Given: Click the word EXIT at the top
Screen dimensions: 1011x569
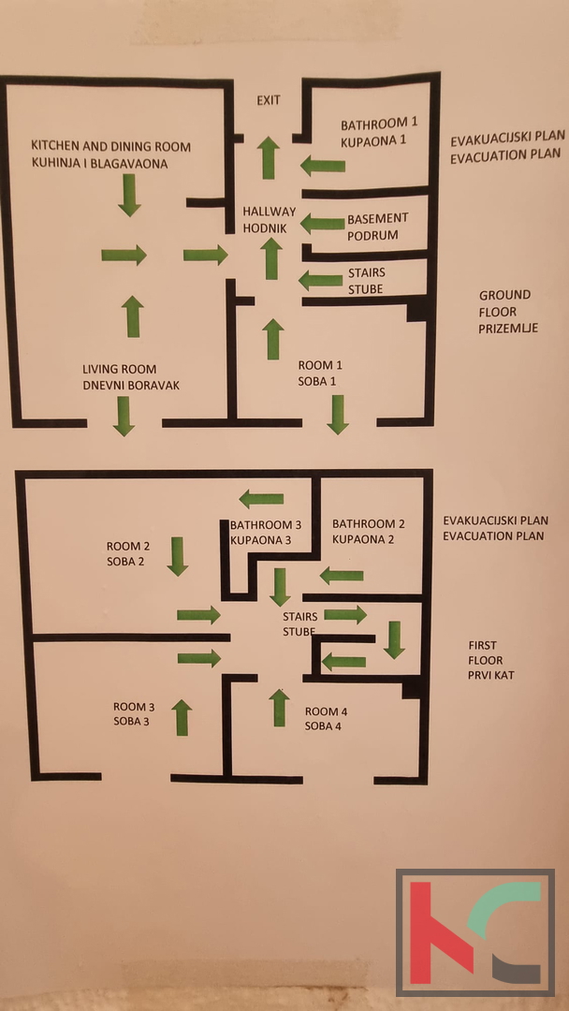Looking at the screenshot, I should [x=269, y=100].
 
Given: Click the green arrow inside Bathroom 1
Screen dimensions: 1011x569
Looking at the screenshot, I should [x=323, y=167].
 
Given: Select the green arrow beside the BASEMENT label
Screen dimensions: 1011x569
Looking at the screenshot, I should [x=323, y=224].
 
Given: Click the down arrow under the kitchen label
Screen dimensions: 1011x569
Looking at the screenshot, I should [x=130, y=195].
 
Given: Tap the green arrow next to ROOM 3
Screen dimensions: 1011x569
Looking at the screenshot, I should [x=182, y=717].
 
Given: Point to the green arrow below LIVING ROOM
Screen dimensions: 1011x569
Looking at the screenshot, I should [x=123, y=416].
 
